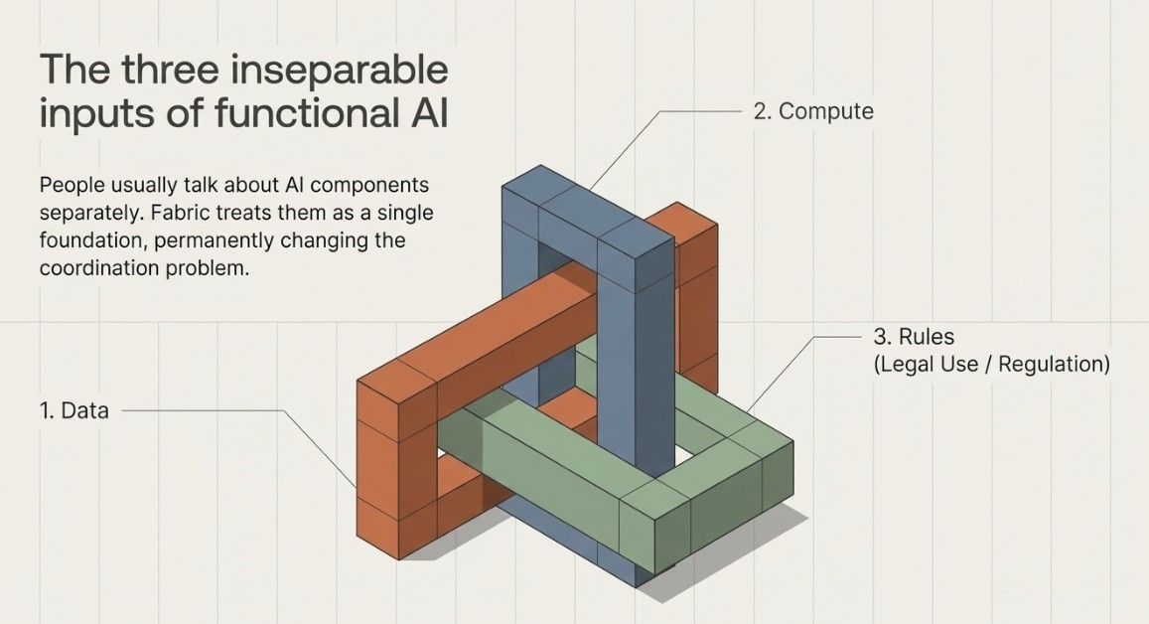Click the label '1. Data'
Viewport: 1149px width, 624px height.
73,410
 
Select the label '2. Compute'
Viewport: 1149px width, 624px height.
812,111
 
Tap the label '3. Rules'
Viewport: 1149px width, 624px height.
913,337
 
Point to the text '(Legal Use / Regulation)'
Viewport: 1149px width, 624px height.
991,364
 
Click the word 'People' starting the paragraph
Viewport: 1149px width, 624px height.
72,185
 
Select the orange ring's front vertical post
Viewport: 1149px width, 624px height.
376,467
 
